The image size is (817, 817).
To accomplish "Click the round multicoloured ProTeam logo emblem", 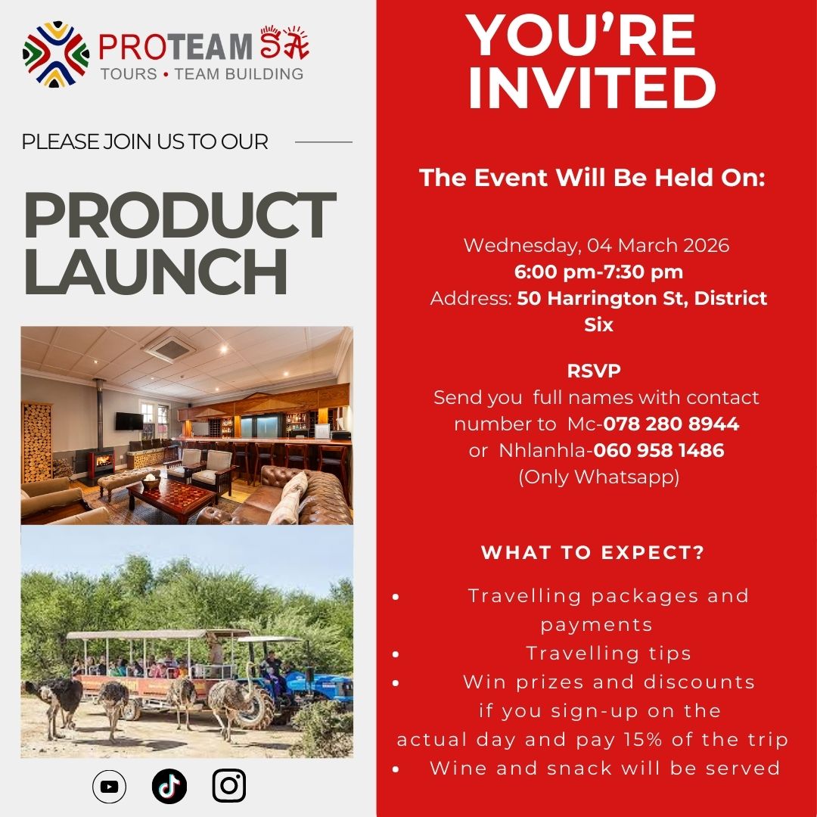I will (x=56, y=54).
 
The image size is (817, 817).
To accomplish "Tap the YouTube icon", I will (x=109, y=787).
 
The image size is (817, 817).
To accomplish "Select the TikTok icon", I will (x=169, y=787).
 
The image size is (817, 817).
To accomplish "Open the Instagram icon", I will (x=229, y=787).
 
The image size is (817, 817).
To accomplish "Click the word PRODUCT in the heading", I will (x=179, y=216).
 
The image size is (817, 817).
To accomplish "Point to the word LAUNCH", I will (x=156, y=270).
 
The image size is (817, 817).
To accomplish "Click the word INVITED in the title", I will (x=592, y=88).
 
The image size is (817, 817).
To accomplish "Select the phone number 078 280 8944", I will (x=671, y=424).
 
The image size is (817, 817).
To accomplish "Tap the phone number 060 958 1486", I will (x=659, y=451).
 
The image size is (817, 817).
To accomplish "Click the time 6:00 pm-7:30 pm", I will (x=598, y=272).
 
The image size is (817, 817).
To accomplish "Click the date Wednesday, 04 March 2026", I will (x=596, y=246).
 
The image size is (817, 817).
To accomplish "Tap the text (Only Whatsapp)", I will (x=598, y=477).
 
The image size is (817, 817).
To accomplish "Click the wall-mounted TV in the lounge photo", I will (x=129, y=421).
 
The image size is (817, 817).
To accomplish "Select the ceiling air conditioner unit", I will (x=169, y=349).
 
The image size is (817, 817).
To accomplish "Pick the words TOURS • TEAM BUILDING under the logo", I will (x=202, y=74).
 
